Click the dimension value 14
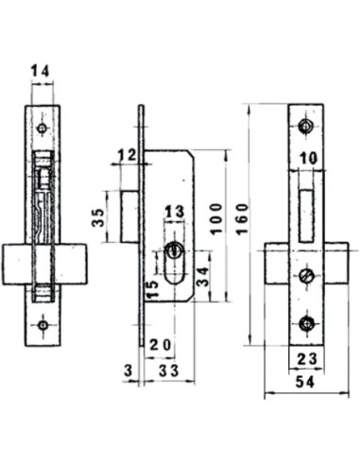point(40,72)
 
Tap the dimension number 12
point(127,155)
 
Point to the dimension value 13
point(174,212)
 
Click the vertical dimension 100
point(216,219)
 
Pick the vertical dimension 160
point(243,219)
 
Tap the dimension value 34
point(202,277)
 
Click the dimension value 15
point(152,289)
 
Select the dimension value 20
point(161,345)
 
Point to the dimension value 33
point(168,370)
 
